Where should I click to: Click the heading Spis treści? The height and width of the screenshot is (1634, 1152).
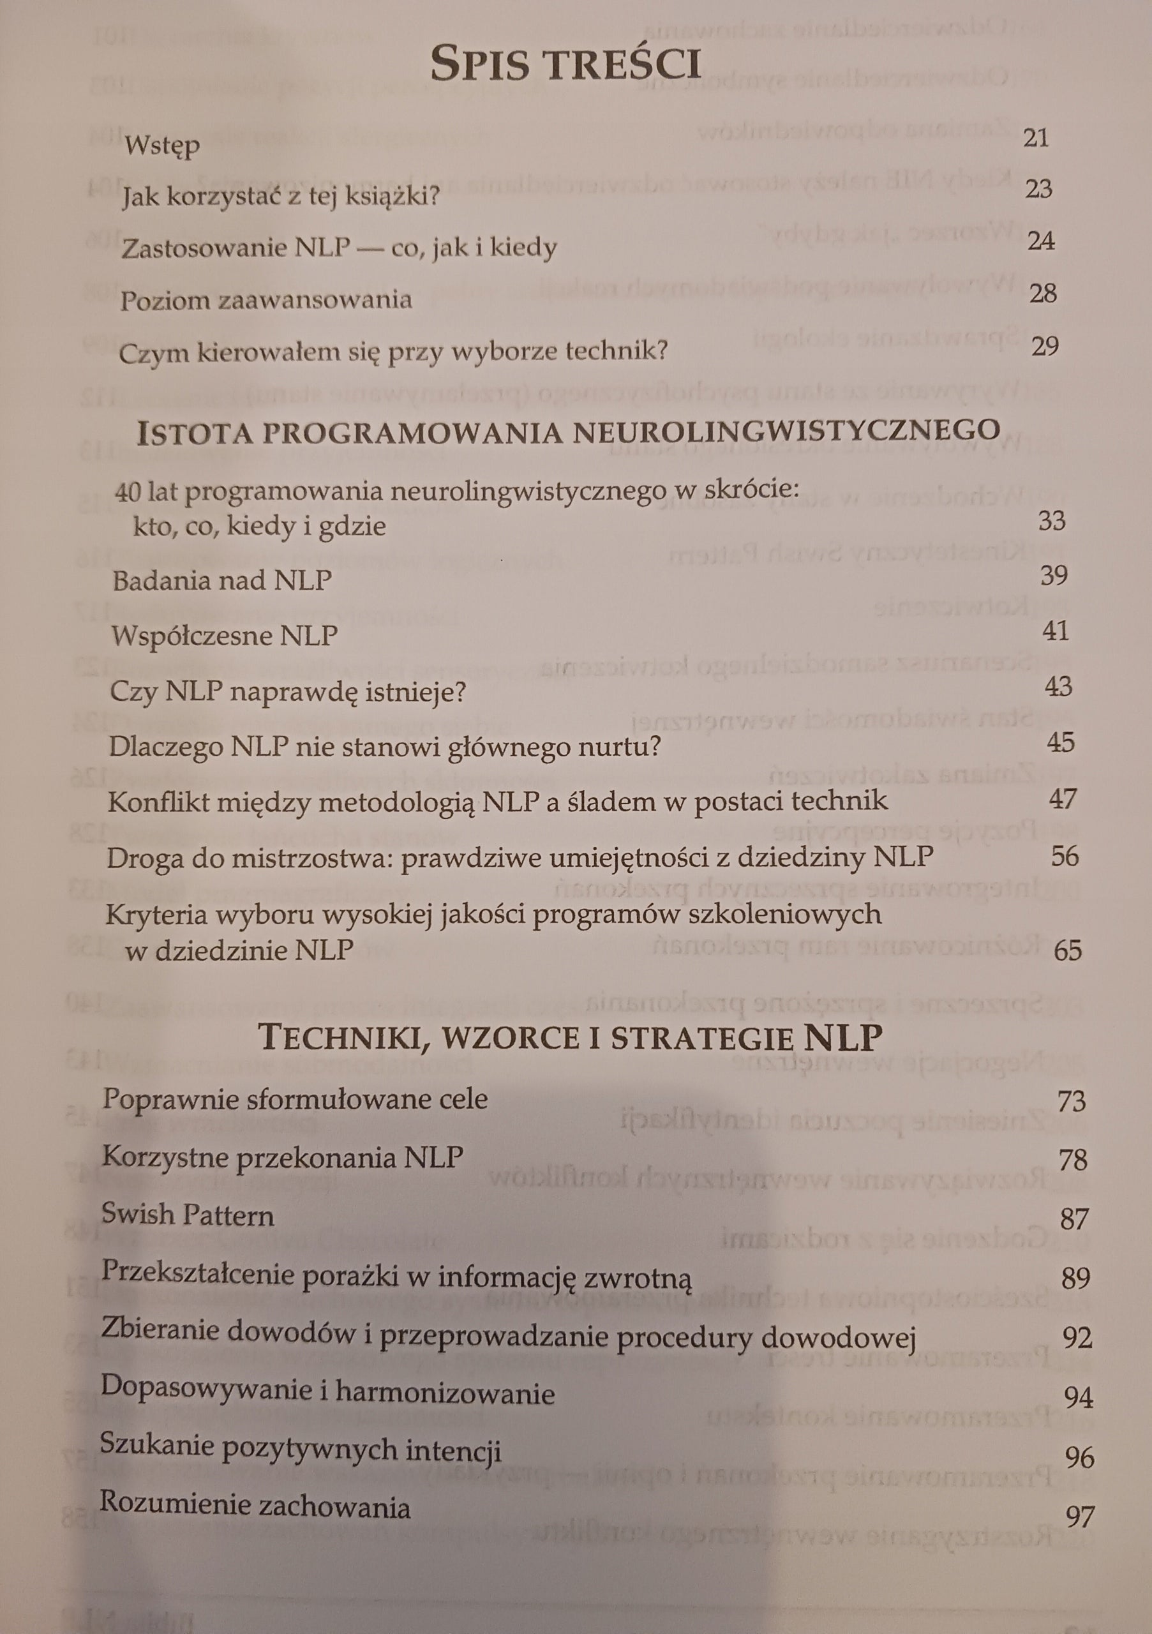[565, 63]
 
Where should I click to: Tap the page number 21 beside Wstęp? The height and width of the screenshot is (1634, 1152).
[1036, 137]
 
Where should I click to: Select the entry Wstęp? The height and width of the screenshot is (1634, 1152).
[162, 146]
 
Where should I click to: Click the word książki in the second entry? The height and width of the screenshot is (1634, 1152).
[391, 196]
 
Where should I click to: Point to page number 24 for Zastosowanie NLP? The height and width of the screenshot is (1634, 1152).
[1041, 241]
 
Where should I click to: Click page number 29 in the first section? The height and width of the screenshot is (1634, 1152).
[1045, 346]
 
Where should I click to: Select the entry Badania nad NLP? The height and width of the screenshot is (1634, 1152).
[222, 581]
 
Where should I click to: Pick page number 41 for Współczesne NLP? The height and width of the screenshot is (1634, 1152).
[1055, 631]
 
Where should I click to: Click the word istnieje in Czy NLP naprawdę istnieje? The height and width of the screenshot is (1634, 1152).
[420, 691]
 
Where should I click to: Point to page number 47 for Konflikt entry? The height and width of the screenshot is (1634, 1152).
[1063, 798]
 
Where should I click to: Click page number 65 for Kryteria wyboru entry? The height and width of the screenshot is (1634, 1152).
[1067, 950]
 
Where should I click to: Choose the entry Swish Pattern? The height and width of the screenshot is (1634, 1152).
[187, 1214]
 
